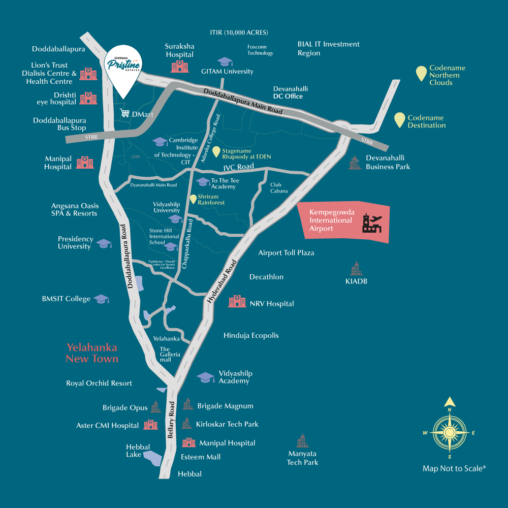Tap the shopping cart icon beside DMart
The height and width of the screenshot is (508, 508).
[x=124, y=114]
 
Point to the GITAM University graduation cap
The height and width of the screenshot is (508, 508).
[x=224, y=61]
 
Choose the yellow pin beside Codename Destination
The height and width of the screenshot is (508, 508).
[x=400, y=120]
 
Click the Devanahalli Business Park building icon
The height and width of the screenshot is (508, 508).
[x=355, y=163]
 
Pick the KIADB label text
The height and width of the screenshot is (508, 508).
[x=356, y=281]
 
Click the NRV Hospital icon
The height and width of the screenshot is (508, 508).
[x=237, y=301]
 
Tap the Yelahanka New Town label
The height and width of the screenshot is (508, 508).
[x=92, y=353]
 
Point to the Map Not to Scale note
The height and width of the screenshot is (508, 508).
[x=454, y=468]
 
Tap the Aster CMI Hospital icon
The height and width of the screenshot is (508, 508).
[x=149, y=425]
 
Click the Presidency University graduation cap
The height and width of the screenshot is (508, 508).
[x=104, y=244]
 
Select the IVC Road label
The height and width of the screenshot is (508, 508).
[x=238, y=167]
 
